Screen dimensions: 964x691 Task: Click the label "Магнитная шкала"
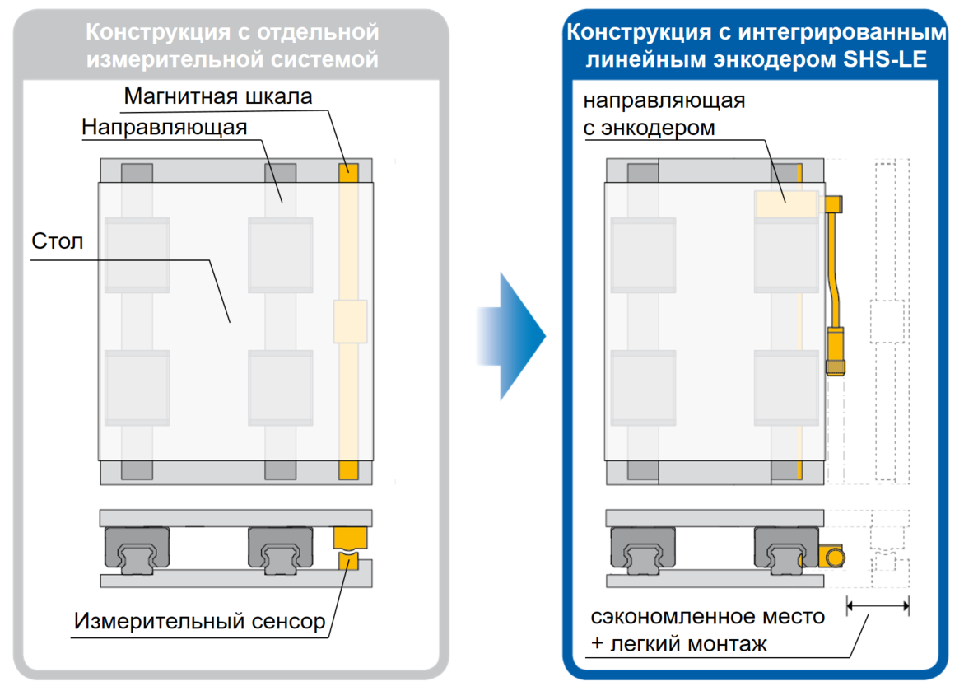217,96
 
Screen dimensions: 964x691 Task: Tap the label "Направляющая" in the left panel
164,128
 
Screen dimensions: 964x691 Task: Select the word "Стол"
57,241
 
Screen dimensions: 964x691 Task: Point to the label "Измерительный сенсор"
199,622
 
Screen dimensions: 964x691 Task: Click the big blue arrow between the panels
511,336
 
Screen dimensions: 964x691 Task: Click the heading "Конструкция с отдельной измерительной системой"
232,45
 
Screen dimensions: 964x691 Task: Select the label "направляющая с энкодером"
664,114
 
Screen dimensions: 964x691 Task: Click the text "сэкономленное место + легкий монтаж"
707,630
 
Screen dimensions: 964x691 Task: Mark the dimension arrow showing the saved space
878,606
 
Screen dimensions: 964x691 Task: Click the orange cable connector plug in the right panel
836,352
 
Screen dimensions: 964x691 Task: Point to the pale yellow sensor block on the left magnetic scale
351,321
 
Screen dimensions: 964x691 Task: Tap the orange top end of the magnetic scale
348,172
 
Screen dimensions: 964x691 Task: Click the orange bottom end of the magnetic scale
348,470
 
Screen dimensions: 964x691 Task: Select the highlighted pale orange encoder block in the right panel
786,203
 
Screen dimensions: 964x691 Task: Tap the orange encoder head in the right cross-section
831,557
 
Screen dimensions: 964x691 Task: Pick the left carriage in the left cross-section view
137,550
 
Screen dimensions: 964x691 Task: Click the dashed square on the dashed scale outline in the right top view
887,321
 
